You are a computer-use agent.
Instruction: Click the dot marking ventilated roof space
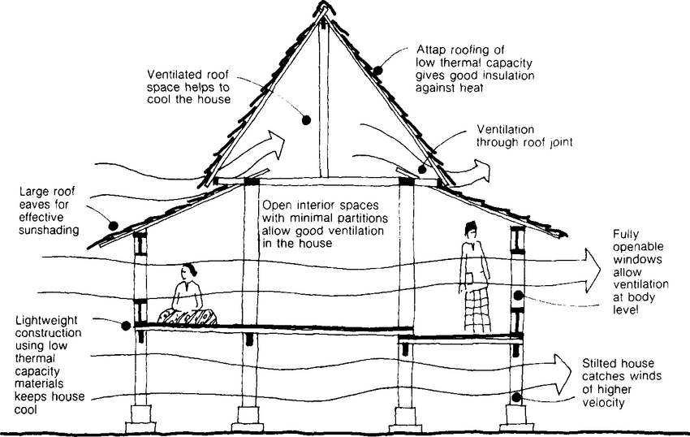coord(308,120)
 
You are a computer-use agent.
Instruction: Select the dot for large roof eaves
coord(114,225)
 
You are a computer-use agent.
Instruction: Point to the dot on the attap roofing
coord(378,70)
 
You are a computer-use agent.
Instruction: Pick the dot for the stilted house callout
coord(517,397)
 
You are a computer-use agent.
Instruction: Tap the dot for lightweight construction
coord(127,326)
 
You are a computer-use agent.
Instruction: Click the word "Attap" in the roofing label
coord(433,48)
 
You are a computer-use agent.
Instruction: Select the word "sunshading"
coord(45,230)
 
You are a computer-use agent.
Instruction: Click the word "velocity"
coord(605,402)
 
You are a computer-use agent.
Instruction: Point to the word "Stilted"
coord(599,362)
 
